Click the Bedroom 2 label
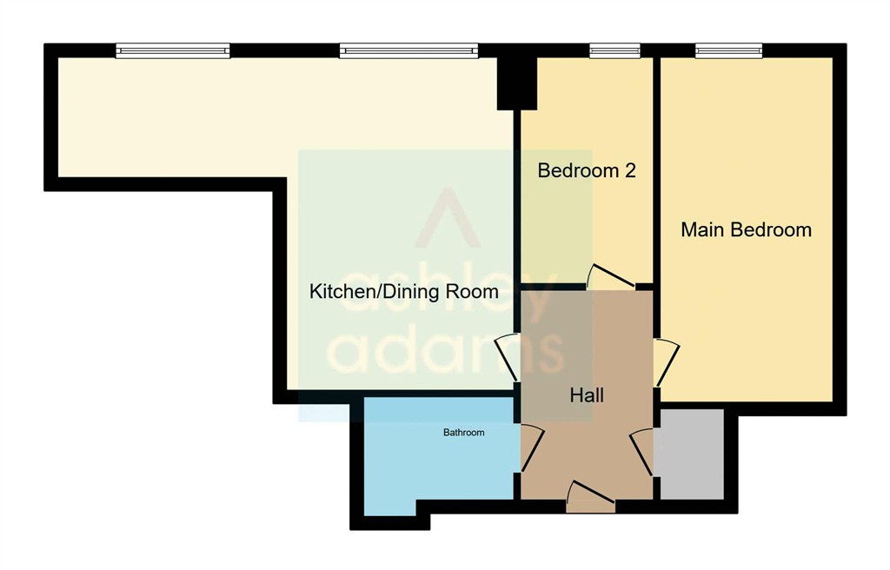point(587,170)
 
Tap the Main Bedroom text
point(746,230)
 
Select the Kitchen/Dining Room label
point(404,292)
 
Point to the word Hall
point(587,395)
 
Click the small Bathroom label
point(463,432)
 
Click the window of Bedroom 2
point(614,51)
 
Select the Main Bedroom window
point(728,51)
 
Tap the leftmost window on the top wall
point(173,51)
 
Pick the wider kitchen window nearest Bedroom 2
point(408,51)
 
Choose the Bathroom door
point(531,447)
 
